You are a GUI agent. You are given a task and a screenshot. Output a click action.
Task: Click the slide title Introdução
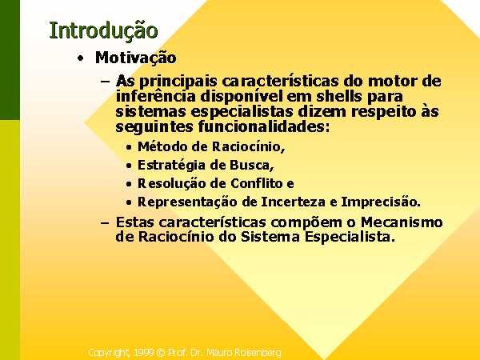pos(103,31)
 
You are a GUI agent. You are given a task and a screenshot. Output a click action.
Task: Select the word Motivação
pos(136,58)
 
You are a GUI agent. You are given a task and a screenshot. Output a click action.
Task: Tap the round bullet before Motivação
pos(80,58)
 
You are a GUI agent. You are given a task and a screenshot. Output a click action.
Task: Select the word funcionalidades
pos(262,126)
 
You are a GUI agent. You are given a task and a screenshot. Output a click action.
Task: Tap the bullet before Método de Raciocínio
pos(129,147)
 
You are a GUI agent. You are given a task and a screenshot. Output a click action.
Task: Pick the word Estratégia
pos(171,166)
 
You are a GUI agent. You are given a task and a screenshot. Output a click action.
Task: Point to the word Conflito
pos(257,184)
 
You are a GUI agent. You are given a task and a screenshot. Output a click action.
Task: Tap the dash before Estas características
pos(105,222)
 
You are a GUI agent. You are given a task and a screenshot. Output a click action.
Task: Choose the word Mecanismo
pos(402,222)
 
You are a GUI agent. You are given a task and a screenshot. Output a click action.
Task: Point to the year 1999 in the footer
pos(143,353)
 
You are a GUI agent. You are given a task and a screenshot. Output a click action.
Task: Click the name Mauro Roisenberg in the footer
pos(244,353)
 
